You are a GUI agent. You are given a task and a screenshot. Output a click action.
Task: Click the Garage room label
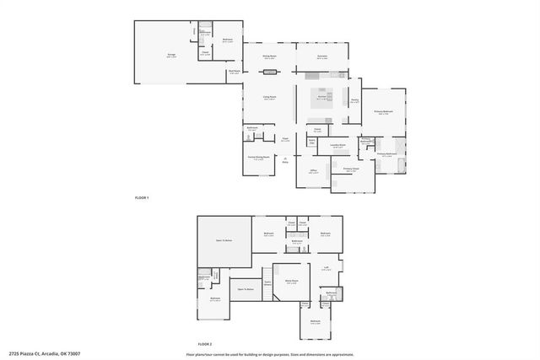tap(171, 55)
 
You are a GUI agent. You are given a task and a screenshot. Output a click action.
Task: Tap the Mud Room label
tap(234, 72)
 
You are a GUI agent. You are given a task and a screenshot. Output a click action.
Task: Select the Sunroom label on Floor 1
tap(322, 56)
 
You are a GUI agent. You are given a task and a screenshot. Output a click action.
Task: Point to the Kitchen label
tap(321, 98)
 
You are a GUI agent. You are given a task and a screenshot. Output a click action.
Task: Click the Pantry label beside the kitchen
tap(354, 100)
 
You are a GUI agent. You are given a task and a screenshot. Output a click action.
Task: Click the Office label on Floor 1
tap(312, 171)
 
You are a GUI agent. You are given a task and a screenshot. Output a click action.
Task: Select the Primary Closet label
tap(351, 169)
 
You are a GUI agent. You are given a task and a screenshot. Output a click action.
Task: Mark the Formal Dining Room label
tap(258, 158)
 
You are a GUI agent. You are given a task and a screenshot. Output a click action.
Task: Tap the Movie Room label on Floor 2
tap(291, 282)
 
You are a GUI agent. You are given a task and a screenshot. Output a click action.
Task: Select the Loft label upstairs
tap(326, 269)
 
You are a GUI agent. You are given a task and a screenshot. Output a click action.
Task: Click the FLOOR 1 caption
tap(142, 197)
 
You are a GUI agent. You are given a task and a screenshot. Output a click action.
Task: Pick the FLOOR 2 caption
tap(204, 344)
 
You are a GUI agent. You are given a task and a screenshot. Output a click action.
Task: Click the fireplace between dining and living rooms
tap(270, 73)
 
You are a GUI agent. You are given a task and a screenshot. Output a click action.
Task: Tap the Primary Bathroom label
tap(386, 155)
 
